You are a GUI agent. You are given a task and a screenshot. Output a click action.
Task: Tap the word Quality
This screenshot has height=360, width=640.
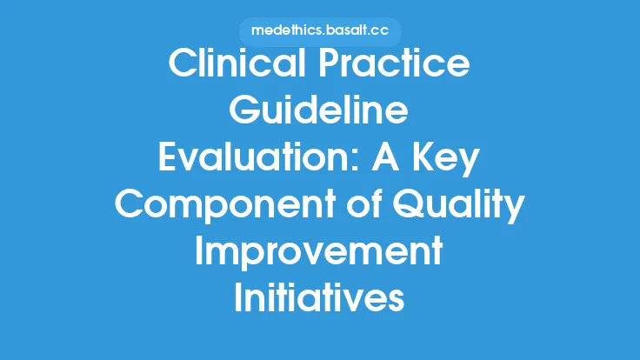pos(461,208)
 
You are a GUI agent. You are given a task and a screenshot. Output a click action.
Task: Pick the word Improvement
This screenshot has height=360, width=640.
pos(320,256)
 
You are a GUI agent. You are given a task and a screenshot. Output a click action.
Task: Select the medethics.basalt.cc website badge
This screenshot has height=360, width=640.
pos(320,31)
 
